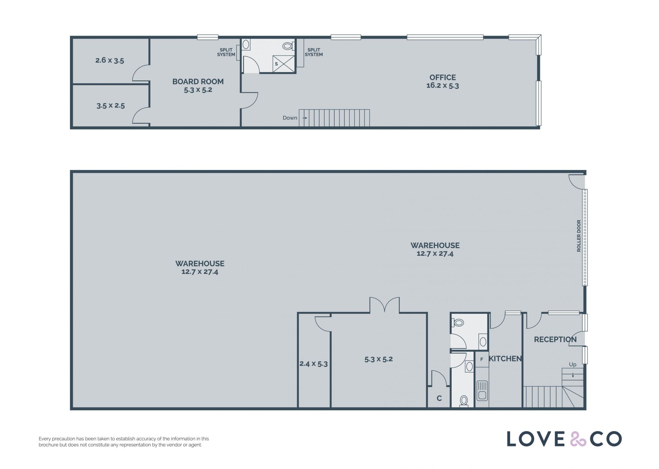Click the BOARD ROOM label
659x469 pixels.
[x=198, y=82]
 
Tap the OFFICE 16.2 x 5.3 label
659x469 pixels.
[x=443, y=82]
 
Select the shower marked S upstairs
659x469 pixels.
[x=284, y=64]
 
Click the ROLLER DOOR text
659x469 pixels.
[x=579, y=236]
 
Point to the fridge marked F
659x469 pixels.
[x=482, y=359]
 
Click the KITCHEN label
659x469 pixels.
[x=505, y=359]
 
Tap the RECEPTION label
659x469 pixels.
[x=555, y=339]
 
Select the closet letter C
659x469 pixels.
[x=439, y=398]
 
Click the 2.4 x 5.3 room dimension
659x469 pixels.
[x=313, y=364]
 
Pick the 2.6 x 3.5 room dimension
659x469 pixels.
[x=109, y=60]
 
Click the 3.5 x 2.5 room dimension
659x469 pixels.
[x=111, y=106]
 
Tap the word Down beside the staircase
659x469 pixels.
[x=290, y=118]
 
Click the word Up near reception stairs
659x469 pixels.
[x=573, y=364]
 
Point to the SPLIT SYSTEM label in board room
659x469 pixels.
[x=226, y=52]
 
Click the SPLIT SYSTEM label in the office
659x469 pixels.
[x=314, y=52]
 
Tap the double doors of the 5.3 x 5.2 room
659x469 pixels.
[x=384, y=305]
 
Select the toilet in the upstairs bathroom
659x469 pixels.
[x=288, y=46]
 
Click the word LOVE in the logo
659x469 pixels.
[x=536, y=439]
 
